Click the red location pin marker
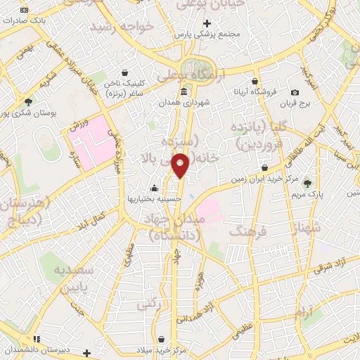click(181, 165)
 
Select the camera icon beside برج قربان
click(294, 93)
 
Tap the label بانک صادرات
click(25, 20)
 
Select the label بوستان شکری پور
click(28, 112)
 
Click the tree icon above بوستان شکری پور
click(28, 102)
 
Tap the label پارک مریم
click(307, 194)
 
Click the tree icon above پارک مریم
click(307, 183)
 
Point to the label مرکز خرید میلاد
click(162, 349)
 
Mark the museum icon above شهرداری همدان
click(184, 92)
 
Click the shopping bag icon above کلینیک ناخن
click(125, 72)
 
